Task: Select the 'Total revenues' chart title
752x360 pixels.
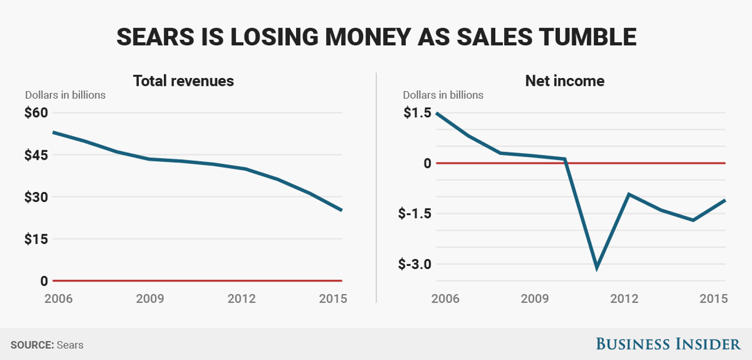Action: tap(183, 80)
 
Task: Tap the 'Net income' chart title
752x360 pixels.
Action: tap(564, 80)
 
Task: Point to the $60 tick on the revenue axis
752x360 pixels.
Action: tap(36, 113)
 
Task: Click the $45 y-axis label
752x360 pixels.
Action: tap(36, 155)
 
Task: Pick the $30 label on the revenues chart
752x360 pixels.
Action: tap(36, 197)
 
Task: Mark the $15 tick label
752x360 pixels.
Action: tap(36, 239)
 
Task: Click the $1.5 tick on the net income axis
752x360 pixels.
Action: tap(417, 113)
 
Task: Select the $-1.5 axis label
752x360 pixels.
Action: tap(415, 214)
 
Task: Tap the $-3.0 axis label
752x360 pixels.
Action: tap(415, 264)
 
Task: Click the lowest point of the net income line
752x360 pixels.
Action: tap(597, 268)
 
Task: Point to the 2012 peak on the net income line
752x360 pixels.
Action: tap(629, 194)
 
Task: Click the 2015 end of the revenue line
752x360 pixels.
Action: tap(341, 210)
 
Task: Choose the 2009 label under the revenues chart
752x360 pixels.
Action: tap(150, 298)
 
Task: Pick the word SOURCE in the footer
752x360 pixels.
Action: tap(31, 345)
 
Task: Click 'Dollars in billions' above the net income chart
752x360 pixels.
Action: tap(443, 95)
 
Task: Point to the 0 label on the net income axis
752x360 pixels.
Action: tap(427, 163)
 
